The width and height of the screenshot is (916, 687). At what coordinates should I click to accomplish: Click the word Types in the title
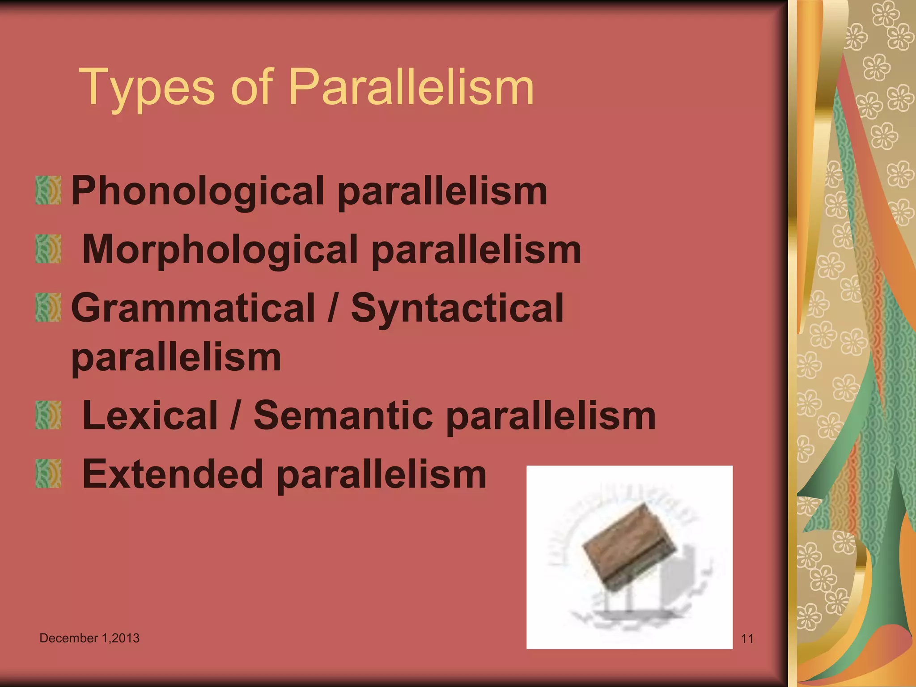[147, 87]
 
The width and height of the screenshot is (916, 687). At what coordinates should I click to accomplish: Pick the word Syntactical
[457, 309]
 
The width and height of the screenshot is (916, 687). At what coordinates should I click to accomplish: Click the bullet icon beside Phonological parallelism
[48, 190]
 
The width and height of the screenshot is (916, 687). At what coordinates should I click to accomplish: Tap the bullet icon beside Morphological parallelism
[48, 249]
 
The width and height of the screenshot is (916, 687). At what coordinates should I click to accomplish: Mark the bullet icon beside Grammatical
[48, 307]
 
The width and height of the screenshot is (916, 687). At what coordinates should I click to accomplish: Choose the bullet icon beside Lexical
[48, 415]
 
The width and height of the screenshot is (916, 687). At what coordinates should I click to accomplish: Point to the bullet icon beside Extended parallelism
[48, 474]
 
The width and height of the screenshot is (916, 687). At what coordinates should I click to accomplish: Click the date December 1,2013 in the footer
[89, 638]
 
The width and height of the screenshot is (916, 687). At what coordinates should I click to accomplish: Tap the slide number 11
[747, 639]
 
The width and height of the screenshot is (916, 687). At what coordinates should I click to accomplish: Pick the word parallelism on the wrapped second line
[176, 357]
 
